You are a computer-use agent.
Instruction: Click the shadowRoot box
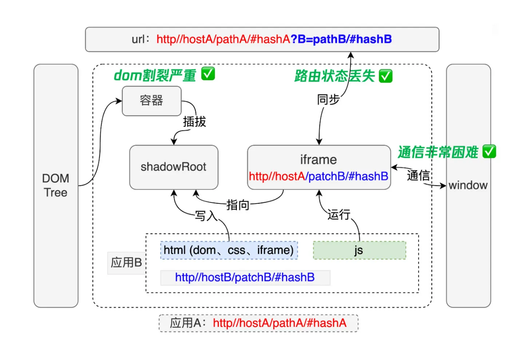coord(174,167)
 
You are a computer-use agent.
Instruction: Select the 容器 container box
coord(151,101)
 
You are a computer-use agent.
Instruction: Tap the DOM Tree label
coord(55,185)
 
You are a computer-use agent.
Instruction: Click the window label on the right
coord(468,185)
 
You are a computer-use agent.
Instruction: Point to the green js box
coord(359,250)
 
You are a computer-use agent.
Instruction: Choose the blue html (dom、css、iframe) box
coord(229,250)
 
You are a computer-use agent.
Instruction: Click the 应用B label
coord(126,262)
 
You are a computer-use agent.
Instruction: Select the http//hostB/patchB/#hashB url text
coord(245,278)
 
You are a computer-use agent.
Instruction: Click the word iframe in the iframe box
coord(318,160)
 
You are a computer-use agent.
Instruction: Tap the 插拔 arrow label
coord(194,122)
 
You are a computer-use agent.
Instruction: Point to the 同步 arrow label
coord(328,99)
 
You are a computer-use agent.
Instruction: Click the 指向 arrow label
coord(238,205)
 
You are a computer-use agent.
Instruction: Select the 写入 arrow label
coord(206,216)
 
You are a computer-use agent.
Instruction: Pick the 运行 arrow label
coord(338,215)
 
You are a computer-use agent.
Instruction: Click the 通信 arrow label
coord(418,175)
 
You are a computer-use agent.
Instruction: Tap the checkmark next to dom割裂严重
coord(208,74)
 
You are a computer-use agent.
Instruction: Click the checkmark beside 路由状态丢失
coord(386,76)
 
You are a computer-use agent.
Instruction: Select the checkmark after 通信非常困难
coord(489,152)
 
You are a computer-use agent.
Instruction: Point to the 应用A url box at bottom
coord(258,323)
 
